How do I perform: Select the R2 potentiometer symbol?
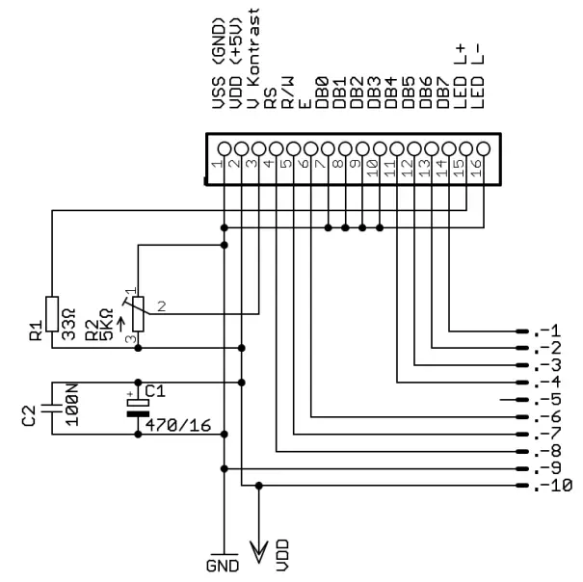coord(138,313)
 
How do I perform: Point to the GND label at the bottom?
coord(223,564)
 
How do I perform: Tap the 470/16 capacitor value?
coord(177,425)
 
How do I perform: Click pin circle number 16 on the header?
coord(483,148)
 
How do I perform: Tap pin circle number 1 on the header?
coord(225,148)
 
